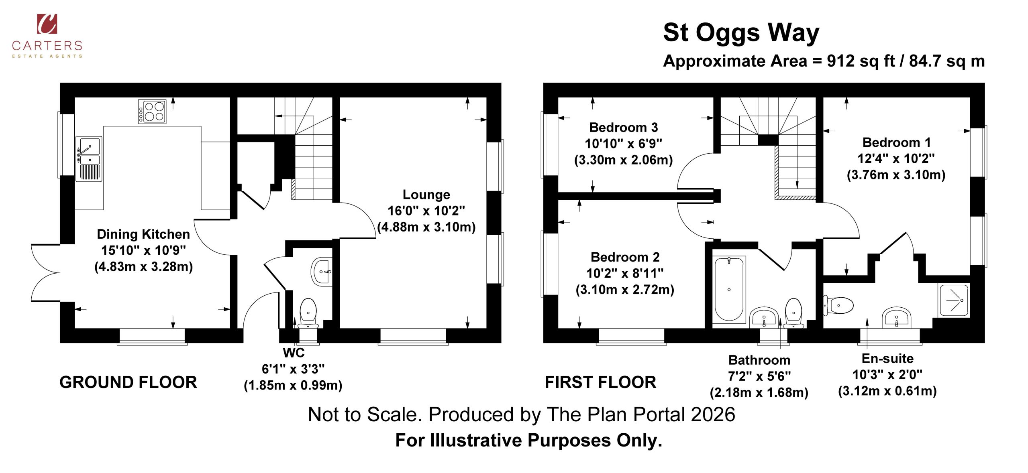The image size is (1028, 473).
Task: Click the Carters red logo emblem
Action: tap(47, 24)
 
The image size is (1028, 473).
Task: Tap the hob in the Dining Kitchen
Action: tap(152, 112)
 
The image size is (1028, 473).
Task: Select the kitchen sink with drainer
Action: tap(89, 159)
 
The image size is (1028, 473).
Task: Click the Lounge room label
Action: tap(426, 195)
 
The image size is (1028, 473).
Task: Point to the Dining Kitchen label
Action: tap(143, 234)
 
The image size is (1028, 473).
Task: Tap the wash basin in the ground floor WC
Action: tap(322, 272)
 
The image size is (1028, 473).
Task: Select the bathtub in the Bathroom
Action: tap(729, 289)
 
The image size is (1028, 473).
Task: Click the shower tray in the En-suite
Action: tap(954, 300)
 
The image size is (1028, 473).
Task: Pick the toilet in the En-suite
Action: tap(838, 306)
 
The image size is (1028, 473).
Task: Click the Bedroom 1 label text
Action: tap(896, 142)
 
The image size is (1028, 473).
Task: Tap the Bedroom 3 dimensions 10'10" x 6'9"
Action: tap(623, 144)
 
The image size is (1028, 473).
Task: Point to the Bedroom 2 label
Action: tap(625, 257)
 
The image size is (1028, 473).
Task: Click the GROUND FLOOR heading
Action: tap(128, 382)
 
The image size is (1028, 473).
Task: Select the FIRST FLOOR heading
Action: tap(600, 382)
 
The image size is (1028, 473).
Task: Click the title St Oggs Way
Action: tap(741, 33)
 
